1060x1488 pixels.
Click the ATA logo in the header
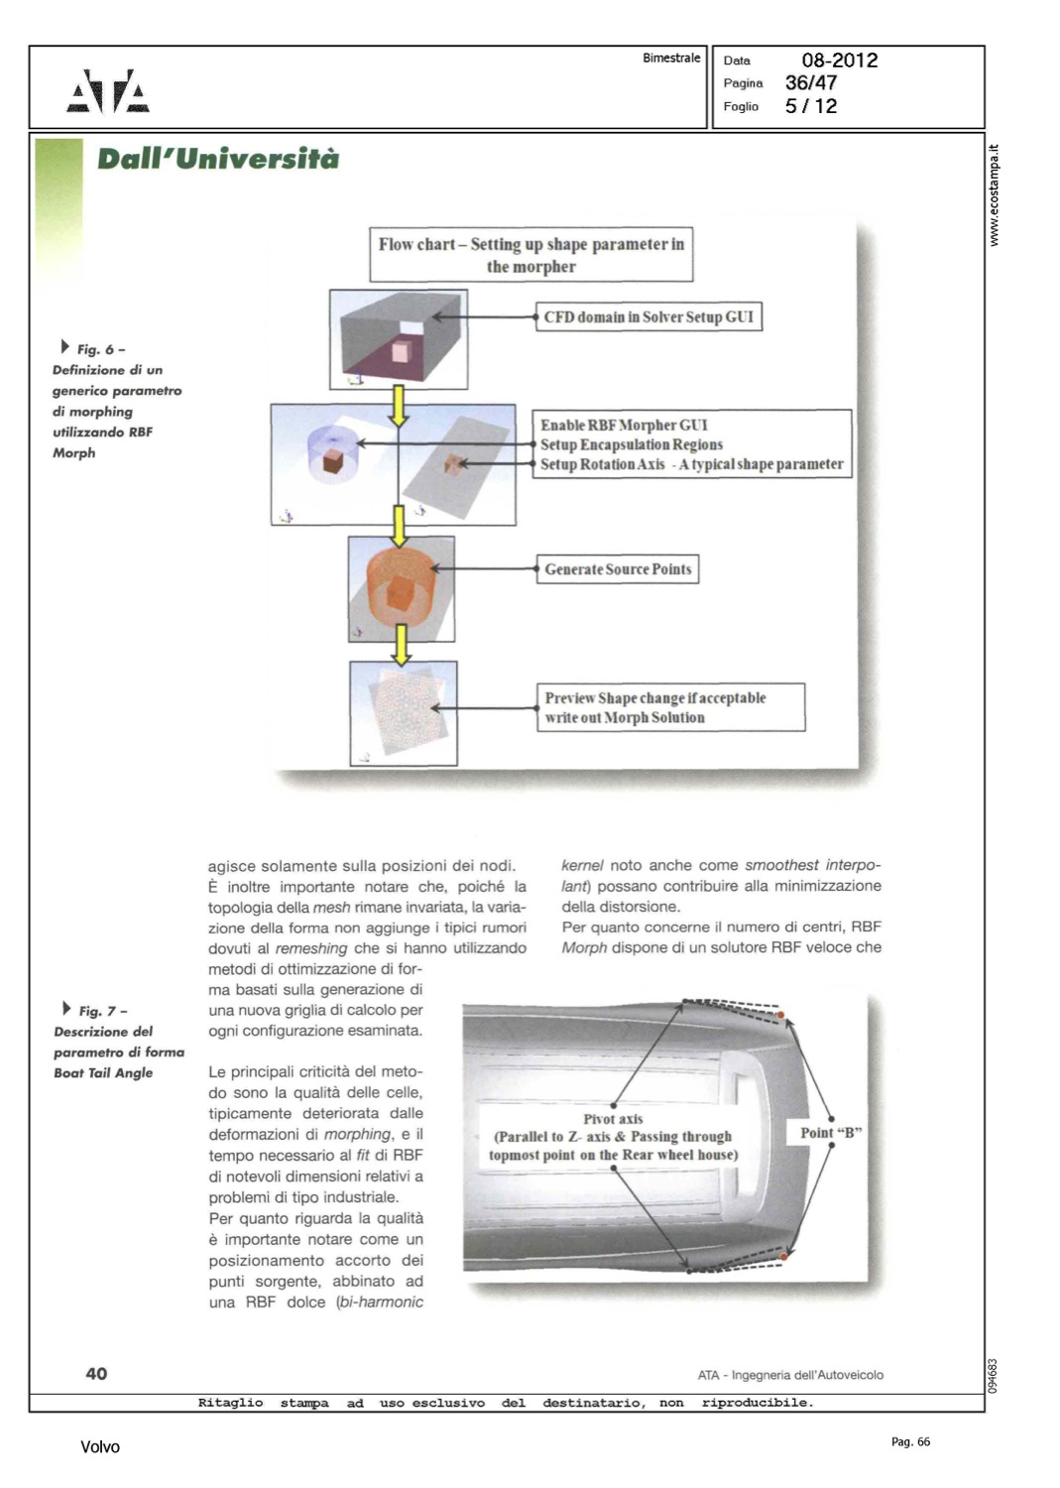[x=108, y=92]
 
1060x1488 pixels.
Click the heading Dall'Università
[x=217, y=159]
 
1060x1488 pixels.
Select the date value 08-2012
[x=839, y=61]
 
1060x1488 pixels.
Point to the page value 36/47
[x=810, y=83]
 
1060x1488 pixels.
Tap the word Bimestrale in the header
[x=670, y=59]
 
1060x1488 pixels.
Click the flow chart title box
[x=530, y=255]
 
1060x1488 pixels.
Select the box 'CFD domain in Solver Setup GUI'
[x=648, y=317]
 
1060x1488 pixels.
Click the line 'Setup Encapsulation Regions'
[x=631, y=444]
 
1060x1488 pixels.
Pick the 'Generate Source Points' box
[x=617, y=569]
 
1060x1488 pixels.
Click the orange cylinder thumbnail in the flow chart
[x=401, y=589]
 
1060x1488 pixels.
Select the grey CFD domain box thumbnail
[x=399, y=339]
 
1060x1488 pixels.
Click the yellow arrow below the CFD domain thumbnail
[x=399, y=405]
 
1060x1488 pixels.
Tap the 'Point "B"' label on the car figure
[x=831, y=1133]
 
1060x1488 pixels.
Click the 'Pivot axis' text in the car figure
[x=613, y=1119]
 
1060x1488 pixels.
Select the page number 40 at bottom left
[x=96, y=1374]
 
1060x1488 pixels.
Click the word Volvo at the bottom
[x=100, y=1447]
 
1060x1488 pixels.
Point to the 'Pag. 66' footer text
[x=910, y=1442]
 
